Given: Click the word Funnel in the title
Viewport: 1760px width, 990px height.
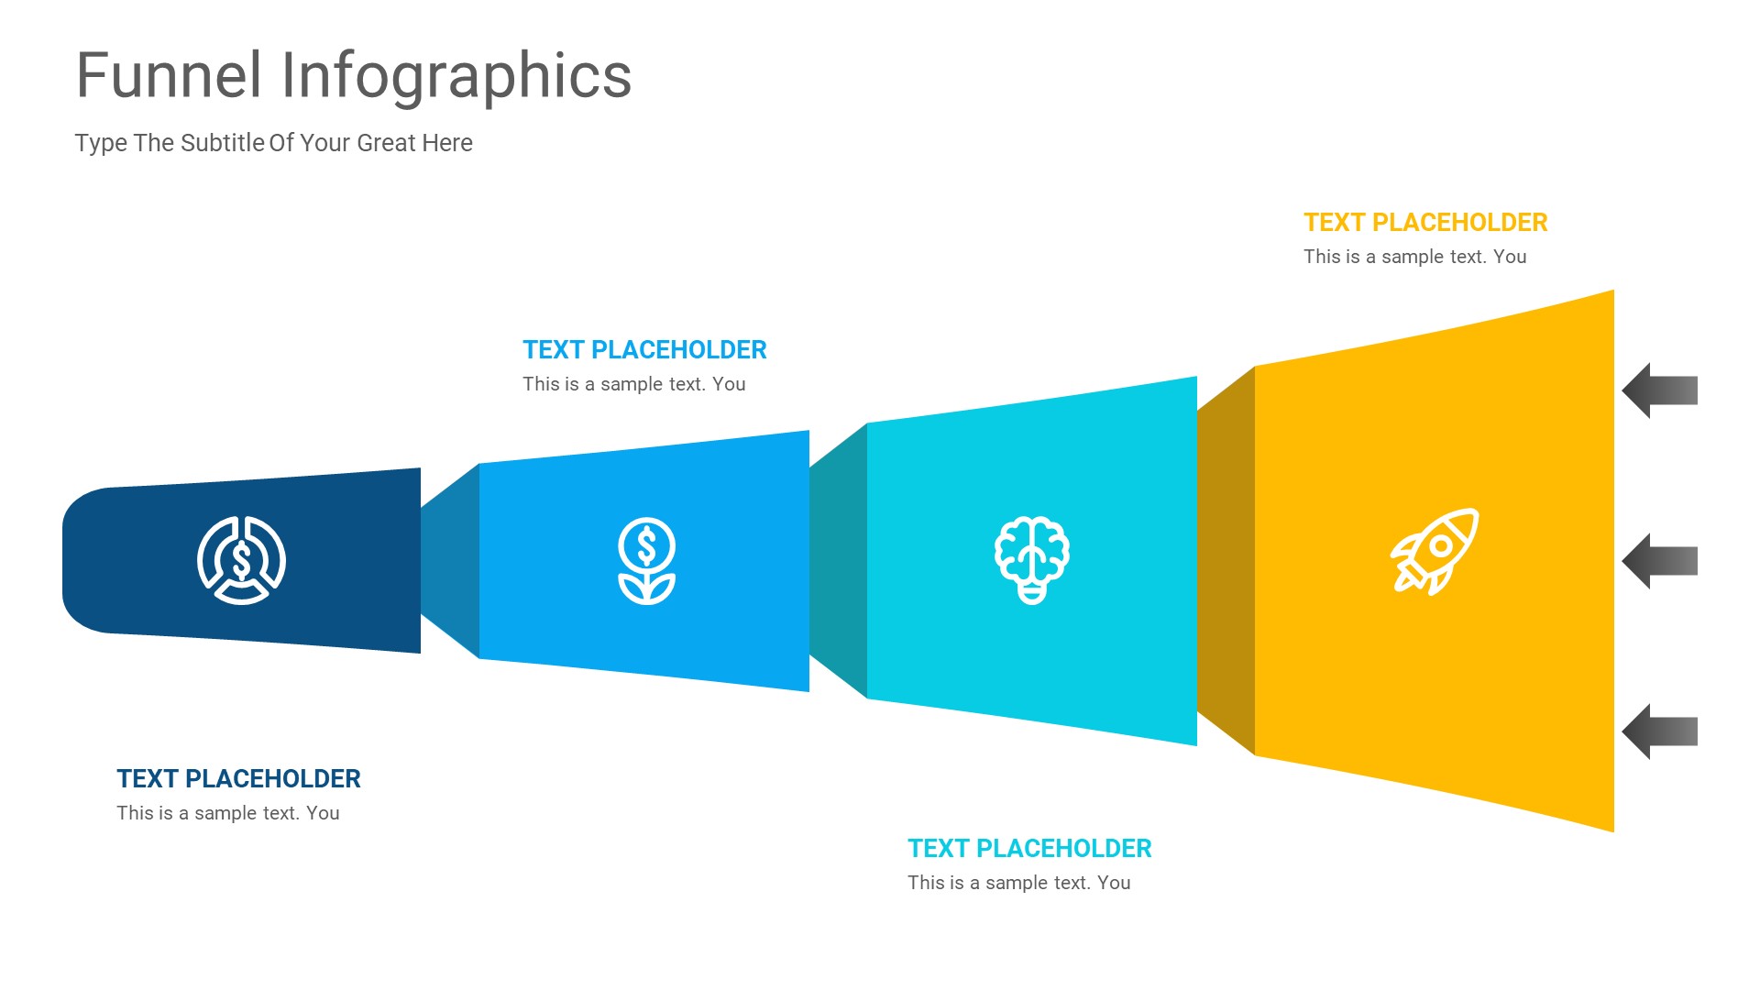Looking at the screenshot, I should tap(169, 75).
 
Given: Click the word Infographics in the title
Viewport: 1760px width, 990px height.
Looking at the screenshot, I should tap(456, 77).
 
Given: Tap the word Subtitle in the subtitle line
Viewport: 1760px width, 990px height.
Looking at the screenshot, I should tap(223, 143).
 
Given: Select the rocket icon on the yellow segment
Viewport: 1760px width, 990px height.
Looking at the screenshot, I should tap(1435, 552).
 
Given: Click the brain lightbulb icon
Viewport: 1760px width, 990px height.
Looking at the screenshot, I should tap(1032, 560).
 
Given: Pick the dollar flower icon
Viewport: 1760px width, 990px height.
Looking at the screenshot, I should tap(646, 561).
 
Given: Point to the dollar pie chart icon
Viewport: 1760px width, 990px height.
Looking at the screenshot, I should tap(242, 560).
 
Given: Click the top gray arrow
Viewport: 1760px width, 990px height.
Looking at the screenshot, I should tap(1659, 390).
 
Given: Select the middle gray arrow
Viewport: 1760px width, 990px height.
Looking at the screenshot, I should tap(1659, 561).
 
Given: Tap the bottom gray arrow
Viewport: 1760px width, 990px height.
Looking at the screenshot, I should tap(1659, 731).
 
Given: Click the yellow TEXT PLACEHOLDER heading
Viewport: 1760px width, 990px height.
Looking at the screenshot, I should tap(1425, 223).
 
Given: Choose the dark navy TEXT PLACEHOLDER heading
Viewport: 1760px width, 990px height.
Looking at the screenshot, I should tap(238, 779).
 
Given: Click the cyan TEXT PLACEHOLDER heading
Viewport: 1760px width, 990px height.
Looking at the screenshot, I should tap(1029, 849).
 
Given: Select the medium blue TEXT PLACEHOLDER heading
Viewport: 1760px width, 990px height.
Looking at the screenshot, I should tap(644, 350).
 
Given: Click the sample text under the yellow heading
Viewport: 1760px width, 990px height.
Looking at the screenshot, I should tap(1414, 258).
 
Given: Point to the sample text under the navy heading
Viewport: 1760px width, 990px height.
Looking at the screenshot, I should tap(228, 814).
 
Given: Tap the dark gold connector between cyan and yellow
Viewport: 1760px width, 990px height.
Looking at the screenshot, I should tap(1226, 561).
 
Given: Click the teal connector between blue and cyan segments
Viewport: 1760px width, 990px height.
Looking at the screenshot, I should tap(838, 561).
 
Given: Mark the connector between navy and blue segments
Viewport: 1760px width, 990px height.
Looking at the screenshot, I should tap(450, 561).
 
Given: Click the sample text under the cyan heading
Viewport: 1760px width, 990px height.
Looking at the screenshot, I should tap(1018, 884).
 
